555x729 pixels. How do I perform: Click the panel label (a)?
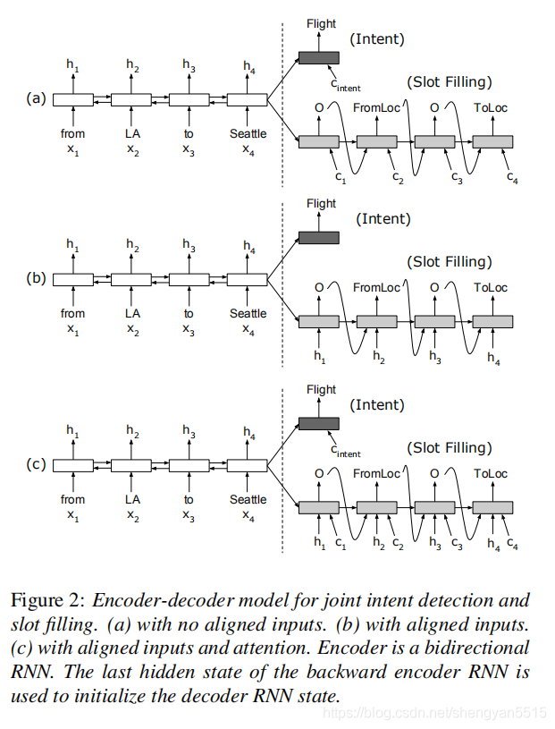(x=36, y=99)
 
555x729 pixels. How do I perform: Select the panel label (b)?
(x=36, y=278)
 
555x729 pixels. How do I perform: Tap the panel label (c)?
(x=36, y=464)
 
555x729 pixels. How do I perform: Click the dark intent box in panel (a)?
(x=318, y=58)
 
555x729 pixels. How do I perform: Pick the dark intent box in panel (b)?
(x=318, y=237)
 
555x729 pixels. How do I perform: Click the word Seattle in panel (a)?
(x=248, y=134)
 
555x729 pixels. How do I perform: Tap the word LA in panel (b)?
(x=132, y=313)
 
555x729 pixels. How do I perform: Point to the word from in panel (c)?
(x=73, y=499)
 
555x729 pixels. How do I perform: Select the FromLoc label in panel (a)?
(x=377, y=108)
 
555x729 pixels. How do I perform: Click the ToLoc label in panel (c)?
(x=491, y=473)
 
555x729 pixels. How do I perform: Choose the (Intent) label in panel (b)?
(x=383, y=218)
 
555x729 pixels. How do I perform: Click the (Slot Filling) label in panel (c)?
(x=449, y=447)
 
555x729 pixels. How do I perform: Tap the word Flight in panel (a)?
(x=321, y=24)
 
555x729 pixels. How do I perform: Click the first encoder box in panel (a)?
(x=73, y=100)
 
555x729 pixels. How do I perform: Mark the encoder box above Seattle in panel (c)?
(x=248, y=465)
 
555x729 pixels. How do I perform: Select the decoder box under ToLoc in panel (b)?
(x=492, y=321)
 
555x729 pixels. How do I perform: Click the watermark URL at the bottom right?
(x=433, y=712)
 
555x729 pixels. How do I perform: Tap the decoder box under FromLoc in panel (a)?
(x=376, y=141)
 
